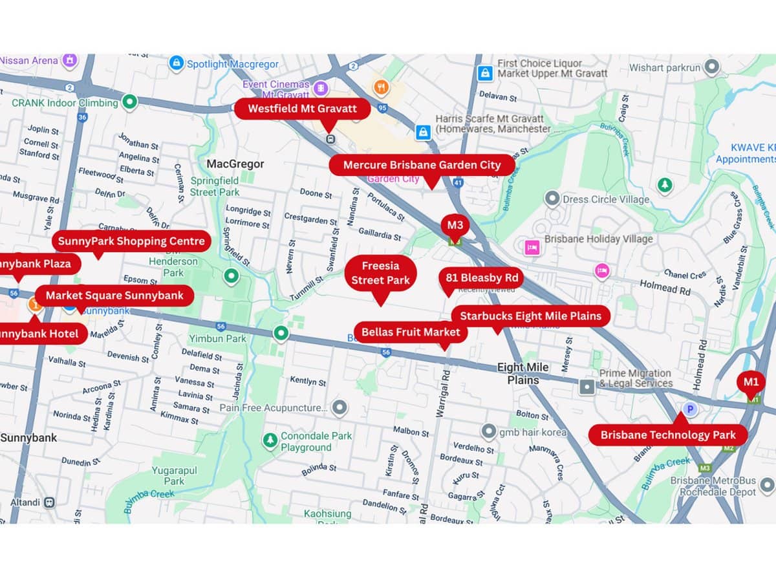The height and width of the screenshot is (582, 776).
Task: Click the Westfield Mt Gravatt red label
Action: point(302,109)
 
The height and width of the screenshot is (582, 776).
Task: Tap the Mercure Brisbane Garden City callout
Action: point(422,165)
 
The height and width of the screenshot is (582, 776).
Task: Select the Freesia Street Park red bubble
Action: point(380,273)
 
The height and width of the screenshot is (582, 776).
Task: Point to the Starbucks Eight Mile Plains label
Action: point(530,316)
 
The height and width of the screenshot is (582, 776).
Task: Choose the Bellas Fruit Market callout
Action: point(411,332)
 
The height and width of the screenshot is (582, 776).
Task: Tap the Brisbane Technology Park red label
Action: point(668,435)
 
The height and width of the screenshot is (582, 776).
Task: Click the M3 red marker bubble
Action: point(455,226)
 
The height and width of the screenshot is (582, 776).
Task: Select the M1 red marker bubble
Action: point(750,382)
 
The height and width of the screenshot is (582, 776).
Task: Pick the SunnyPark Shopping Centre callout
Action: point(131,242)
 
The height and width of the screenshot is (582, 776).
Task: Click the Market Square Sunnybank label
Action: point(114,296)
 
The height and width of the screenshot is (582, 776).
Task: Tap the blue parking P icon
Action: point(690,409)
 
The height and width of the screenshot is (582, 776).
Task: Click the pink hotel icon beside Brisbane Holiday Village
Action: point(532,248)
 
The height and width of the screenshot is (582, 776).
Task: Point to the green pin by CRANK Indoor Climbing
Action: point(130,102)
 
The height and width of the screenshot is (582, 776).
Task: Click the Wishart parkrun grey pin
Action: point(712,67)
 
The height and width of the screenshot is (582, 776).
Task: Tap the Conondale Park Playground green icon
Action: point(270,440)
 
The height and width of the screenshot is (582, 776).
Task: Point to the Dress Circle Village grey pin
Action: point(552,199)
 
